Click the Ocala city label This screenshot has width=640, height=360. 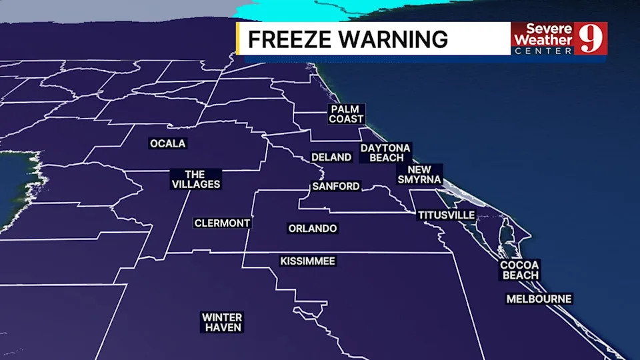(x=168, y=143)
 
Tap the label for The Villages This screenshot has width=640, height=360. (x=195, y=179)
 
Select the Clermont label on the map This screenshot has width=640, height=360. (x=222, y=223)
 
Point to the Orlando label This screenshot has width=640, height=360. (x=313, y=229)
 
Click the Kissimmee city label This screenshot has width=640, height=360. (x=307, y=261)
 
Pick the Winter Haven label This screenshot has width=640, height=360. (x=222, y=323)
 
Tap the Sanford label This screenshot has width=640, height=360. (x=336, y=187)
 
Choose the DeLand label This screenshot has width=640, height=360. (x=331, y=157)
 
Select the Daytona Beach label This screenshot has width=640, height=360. (x=385, y=153)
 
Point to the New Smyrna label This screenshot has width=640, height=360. (x=419, y=175)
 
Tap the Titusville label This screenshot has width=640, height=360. (x=446, y=215)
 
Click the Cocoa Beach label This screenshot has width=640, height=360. (x=519, y=270)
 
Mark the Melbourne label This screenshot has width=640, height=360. (x=539, y=299)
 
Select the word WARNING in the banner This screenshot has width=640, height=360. (x=392, y=39)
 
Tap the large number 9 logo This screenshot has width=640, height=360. (x=590, y=39)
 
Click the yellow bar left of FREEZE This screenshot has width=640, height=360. (x=238, y=39)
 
